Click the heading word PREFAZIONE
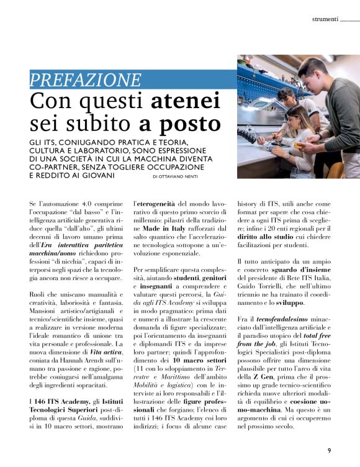pos(85,80)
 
